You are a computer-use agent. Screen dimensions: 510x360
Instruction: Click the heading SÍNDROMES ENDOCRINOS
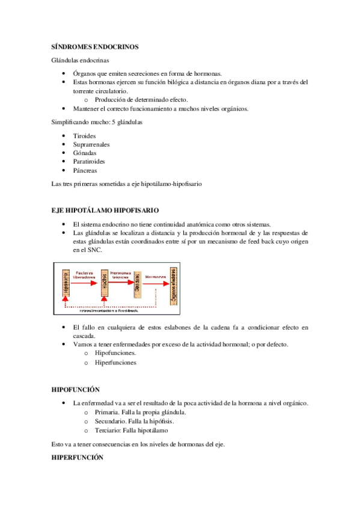tap(95, 46)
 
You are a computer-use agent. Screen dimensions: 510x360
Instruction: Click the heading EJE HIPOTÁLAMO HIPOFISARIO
tap(105, 210)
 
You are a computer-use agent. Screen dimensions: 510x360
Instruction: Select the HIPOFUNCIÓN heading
tap(76, 390)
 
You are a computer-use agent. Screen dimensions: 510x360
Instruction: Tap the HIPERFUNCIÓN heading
tap(78, 458)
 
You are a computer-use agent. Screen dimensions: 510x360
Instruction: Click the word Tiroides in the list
tap(84, 136)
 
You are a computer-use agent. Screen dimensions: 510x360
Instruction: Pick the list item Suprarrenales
tap(91, 144)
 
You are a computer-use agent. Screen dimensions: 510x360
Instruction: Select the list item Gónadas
tap(85, 153)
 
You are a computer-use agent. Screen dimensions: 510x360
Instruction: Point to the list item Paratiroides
tap(90, 162)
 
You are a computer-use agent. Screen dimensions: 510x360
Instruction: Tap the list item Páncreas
tap(85, 171)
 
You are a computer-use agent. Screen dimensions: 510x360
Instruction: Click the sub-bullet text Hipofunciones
tap(115, 354)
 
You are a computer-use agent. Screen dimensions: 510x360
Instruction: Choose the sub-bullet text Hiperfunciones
tap(115, 363)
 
